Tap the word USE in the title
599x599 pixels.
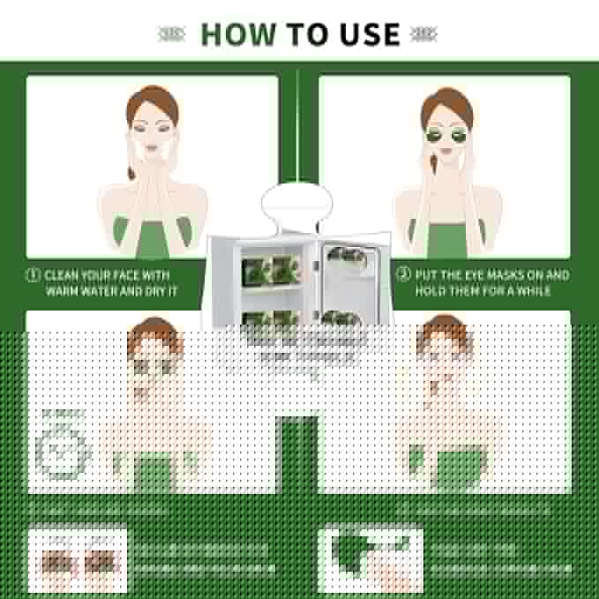pyautogui.click(x=364, y=34)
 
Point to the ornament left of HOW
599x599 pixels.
pyautogui.click(x=173, y=34)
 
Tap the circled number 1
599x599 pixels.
pyautogui.click(x=33, y=275)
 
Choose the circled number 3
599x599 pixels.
pyautogui.click(x=403, y=274)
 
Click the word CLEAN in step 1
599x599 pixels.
pyautogui.click(x=64, y=275)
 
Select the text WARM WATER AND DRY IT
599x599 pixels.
pyautogui.click(x=111, y=291)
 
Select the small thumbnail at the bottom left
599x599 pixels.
pyautogui.click(x=77, y=561)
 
